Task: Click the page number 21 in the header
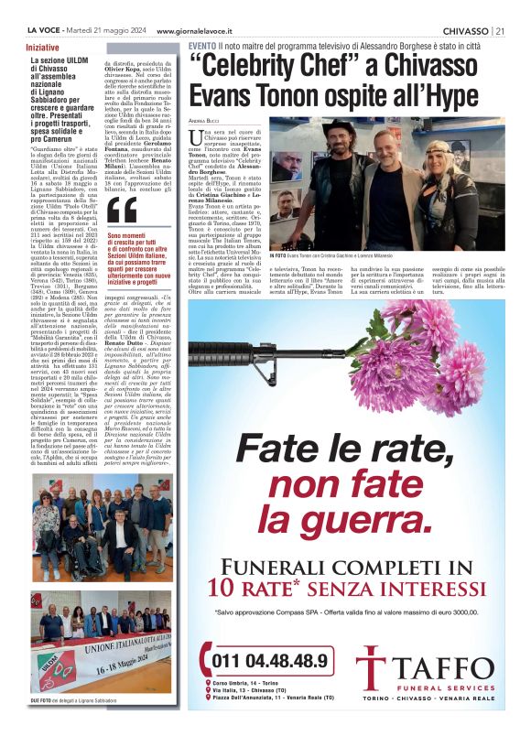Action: [499, 30]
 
